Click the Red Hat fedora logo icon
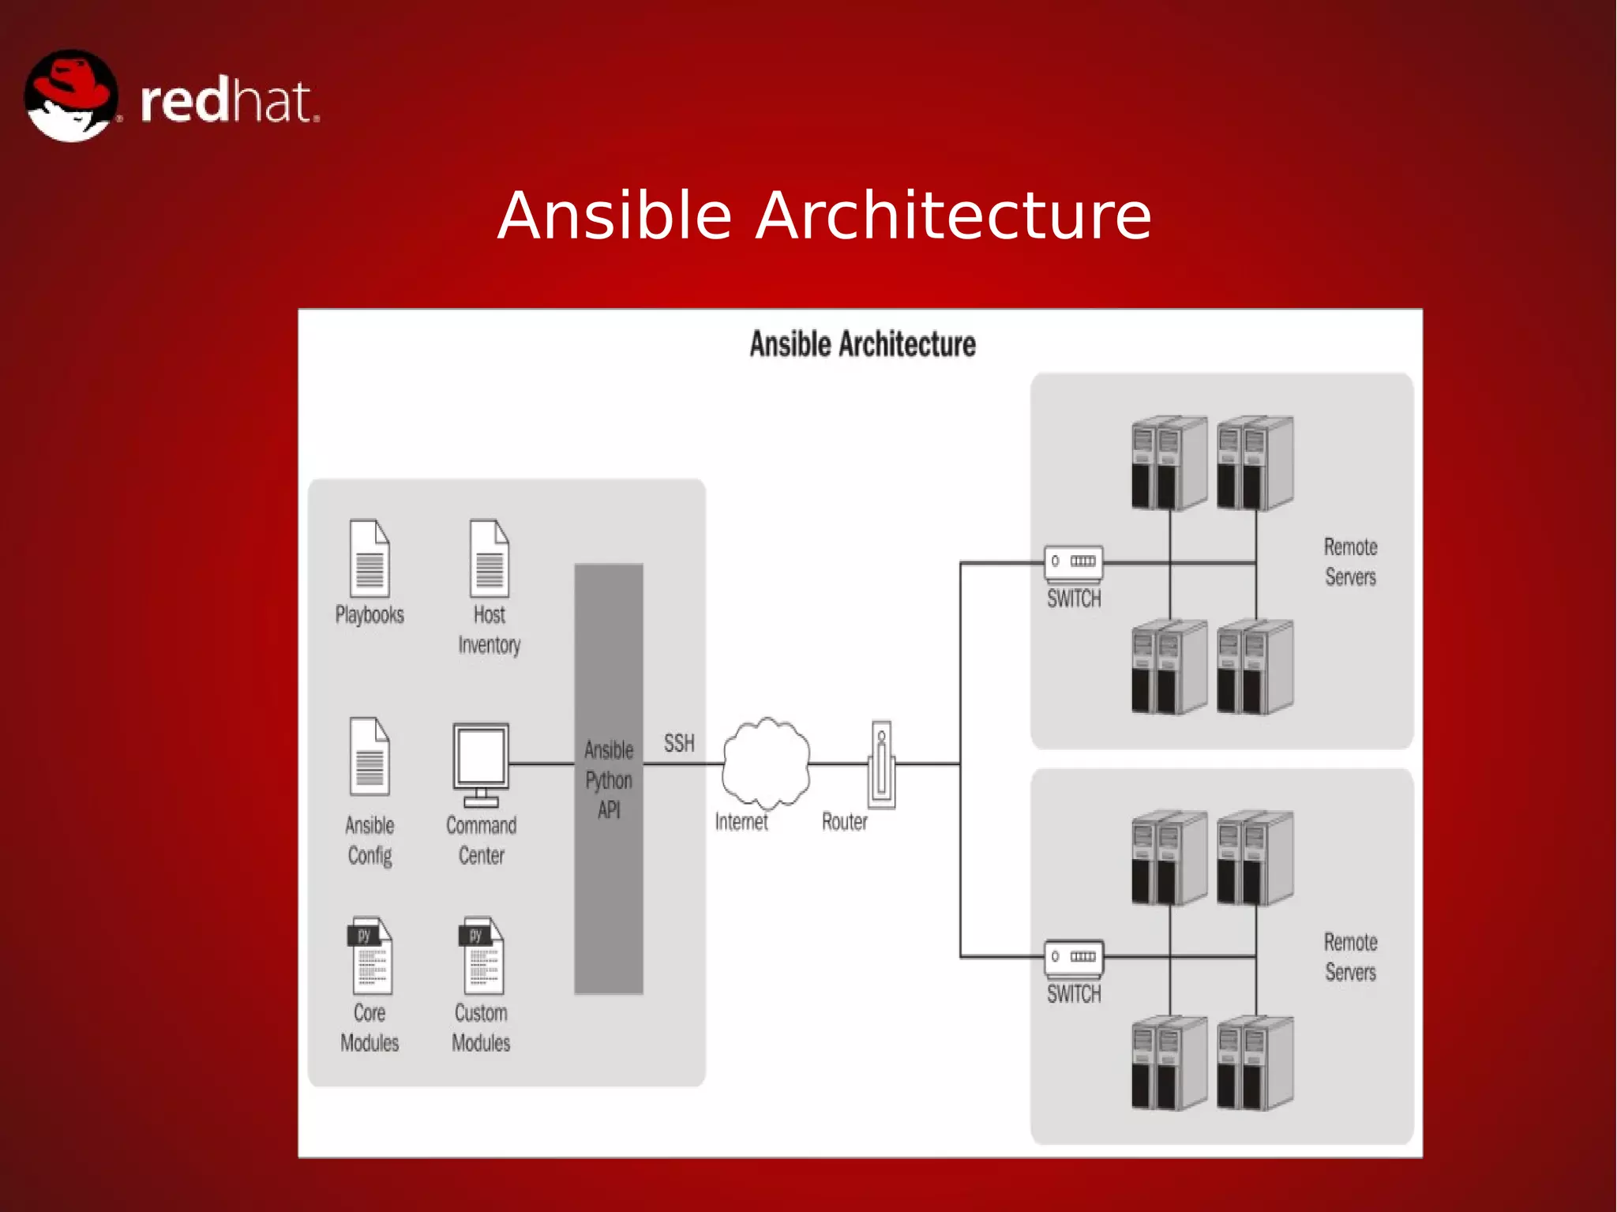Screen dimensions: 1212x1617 [x=71, y=96]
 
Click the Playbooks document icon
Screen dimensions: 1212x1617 [x=370, y=558]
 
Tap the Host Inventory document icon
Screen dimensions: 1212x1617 [x=490, y=558]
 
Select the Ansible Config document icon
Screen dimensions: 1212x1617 [x=370, y=756]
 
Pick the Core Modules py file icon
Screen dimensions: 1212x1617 [x=370, y=955]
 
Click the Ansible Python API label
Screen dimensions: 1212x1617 [x=609, y=779]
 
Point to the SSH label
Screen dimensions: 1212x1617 [x=679, y=743]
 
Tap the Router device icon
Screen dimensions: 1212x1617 [x=882, y=764]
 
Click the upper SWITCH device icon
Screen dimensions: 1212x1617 [x=1074, y=562]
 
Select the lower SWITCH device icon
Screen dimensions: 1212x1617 [x=1074, y=957]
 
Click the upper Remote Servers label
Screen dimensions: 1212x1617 [x=1350, y=561]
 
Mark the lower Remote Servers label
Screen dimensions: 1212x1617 [x=1350, y=957]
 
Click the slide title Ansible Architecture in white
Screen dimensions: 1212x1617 [x=824, y=216]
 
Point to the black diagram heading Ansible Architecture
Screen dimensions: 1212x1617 [x=862, y=344]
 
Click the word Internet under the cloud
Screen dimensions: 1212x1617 [x=741, y=822]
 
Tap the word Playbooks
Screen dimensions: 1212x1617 [x=370, y=615]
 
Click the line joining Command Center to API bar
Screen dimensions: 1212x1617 [x=542, y=764]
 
